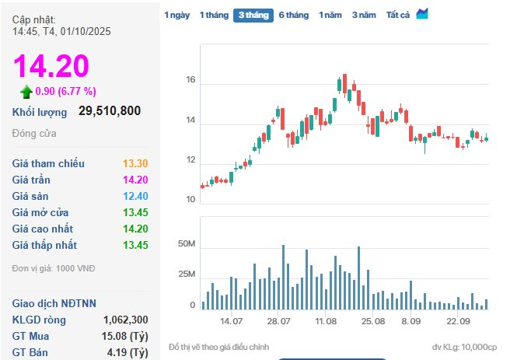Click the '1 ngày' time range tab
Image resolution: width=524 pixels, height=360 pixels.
coord(176,15)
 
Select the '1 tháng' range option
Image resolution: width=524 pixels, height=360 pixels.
coord(213,15)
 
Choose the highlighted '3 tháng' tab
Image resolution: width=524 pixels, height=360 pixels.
coord(254,15)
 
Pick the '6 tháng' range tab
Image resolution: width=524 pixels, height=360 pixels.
coord(294,15)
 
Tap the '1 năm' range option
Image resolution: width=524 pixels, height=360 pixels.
coord(330,15)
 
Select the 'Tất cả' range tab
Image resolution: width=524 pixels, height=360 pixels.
coord(398,15)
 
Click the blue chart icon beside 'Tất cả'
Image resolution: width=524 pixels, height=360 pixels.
coord(422,14)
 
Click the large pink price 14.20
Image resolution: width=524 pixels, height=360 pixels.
coord(51,67)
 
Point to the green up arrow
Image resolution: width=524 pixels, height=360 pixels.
coord(26,92)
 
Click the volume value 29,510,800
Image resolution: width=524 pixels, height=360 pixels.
coord(110,111)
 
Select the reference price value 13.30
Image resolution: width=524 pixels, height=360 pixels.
coord(135,163)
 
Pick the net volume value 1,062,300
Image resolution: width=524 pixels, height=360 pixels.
coord(125,320)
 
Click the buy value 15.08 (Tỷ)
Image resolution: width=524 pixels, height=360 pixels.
coord(126,336)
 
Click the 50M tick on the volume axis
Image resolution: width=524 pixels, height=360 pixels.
coord(187,245)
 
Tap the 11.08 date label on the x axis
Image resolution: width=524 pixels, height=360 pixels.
coord(326,321)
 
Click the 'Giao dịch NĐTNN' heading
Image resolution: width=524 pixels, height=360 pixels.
coord(54,303)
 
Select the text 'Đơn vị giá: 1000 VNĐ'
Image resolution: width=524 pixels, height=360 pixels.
coord(54,267)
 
